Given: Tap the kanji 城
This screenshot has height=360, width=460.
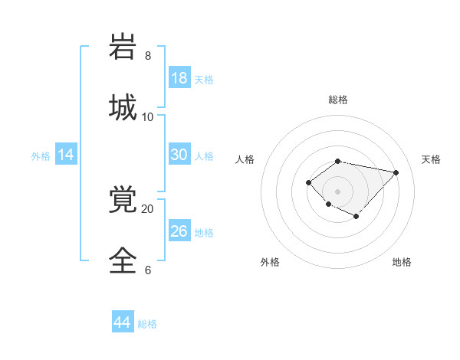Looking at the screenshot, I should click(123, 106).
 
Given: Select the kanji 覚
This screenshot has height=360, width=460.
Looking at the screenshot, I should click(123, 200).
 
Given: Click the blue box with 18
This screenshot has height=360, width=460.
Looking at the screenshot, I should click(179, 78).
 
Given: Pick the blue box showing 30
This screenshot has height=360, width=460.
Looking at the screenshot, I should click(179, 155).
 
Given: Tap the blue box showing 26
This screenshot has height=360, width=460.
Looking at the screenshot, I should click(179, 231).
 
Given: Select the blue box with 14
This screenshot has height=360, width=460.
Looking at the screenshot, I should click(66, 155).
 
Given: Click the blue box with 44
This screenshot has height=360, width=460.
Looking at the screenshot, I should click(123, 323).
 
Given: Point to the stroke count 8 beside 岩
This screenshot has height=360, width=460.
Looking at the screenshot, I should click(148, 56).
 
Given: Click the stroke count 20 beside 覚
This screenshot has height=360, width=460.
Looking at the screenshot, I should click(148, 208).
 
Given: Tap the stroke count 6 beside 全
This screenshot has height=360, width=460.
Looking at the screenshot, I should click(148, 270).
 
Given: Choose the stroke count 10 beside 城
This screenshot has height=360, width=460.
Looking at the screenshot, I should click(148, 116).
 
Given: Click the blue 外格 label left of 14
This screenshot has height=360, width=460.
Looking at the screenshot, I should click(41, 156).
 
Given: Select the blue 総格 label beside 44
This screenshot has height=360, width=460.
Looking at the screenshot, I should click(147, 324).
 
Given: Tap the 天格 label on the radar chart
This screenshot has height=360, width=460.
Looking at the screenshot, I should click(431, 159).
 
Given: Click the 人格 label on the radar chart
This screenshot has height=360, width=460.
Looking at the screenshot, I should click(245, 159).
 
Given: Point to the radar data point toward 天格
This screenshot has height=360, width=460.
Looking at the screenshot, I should click(396, 172).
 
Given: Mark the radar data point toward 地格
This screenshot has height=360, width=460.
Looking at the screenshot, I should click(356, 218).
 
